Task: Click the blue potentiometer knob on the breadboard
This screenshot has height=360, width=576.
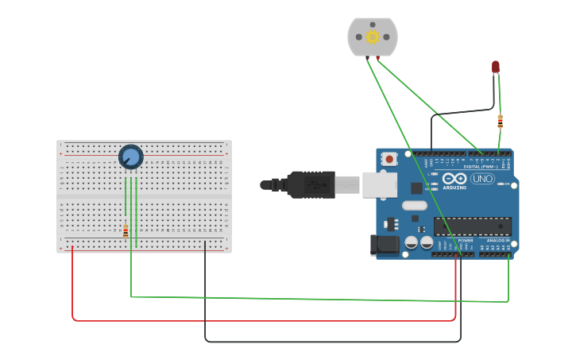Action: (x=130, y=157)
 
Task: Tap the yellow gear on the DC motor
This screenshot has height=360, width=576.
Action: (x=372, y=37)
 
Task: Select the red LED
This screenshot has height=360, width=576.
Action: (x=496, y=67)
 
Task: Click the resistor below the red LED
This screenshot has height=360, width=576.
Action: (x=500, y=121)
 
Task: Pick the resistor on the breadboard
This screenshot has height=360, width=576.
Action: (x=126, y=230)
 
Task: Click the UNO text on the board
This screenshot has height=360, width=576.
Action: (x=482, y=179)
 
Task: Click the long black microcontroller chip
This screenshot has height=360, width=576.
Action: (x=472, y=226)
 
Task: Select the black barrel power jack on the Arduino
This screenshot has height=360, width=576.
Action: (x=386, y=244)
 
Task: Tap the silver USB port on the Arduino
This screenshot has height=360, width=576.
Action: (x=379, y=184)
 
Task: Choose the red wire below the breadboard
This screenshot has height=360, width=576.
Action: (x=262, y=321)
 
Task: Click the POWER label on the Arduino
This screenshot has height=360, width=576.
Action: (x=466, y=240)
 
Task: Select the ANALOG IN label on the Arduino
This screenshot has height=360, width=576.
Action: (x=498, y=240)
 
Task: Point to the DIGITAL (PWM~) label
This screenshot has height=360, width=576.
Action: (x=480, y=167)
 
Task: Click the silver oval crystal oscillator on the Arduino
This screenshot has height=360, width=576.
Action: (x=414, y=206)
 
